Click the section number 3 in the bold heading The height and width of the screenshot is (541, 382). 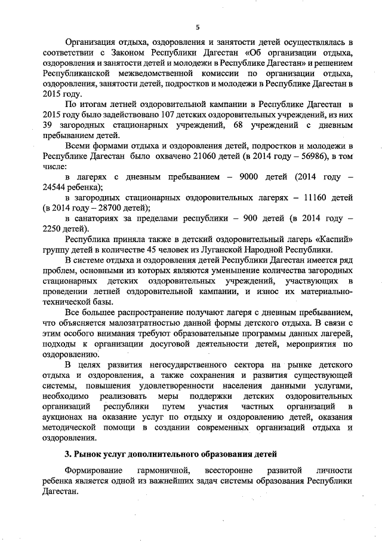coord(68,455)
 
